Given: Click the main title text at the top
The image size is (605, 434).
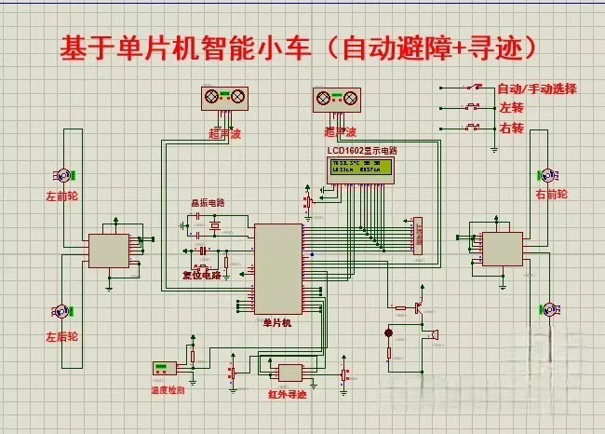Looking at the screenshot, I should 302,47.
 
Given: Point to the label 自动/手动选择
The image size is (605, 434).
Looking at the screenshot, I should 536,89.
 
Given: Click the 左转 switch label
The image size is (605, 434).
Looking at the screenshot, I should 511,108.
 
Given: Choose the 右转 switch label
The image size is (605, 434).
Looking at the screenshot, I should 511,127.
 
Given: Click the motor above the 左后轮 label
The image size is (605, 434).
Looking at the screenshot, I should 63,311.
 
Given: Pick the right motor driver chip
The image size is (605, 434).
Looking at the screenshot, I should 501,248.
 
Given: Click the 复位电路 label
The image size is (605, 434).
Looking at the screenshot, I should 201,276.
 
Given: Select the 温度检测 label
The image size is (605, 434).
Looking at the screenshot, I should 168,390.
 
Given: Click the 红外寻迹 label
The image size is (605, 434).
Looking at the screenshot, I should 289,394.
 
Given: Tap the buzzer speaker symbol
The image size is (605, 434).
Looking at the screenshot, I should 432,332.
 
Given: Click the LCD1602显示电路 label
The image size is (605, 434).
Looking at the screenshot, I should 361,150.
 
